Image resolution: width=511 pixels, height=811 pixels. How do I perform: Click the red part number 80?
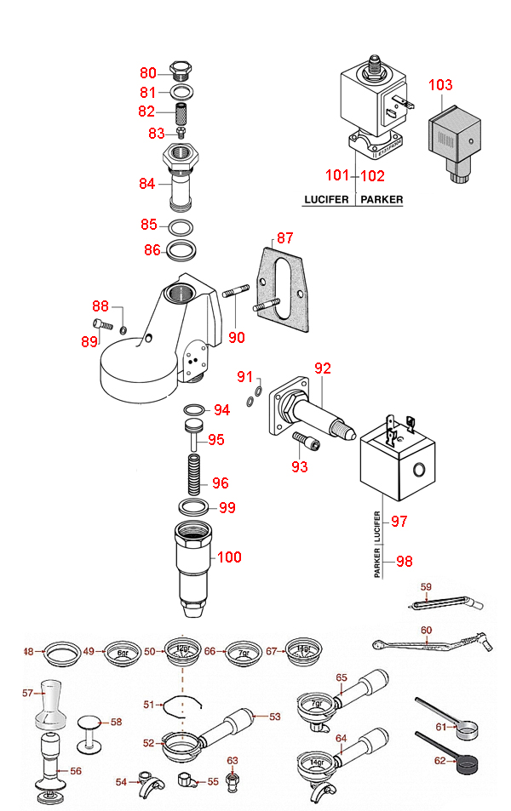[148, 73]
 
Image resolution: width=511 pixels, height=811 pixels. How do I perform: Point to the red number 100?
[229, 557]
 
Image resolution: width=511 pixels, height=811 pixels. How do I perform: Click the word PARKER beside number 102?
[381, 201]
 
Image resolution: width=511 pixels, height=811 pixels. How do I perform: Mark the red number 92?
[322, 368]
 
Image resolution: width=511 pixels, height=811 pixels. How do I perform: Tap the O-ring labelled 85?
[181, 227]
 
